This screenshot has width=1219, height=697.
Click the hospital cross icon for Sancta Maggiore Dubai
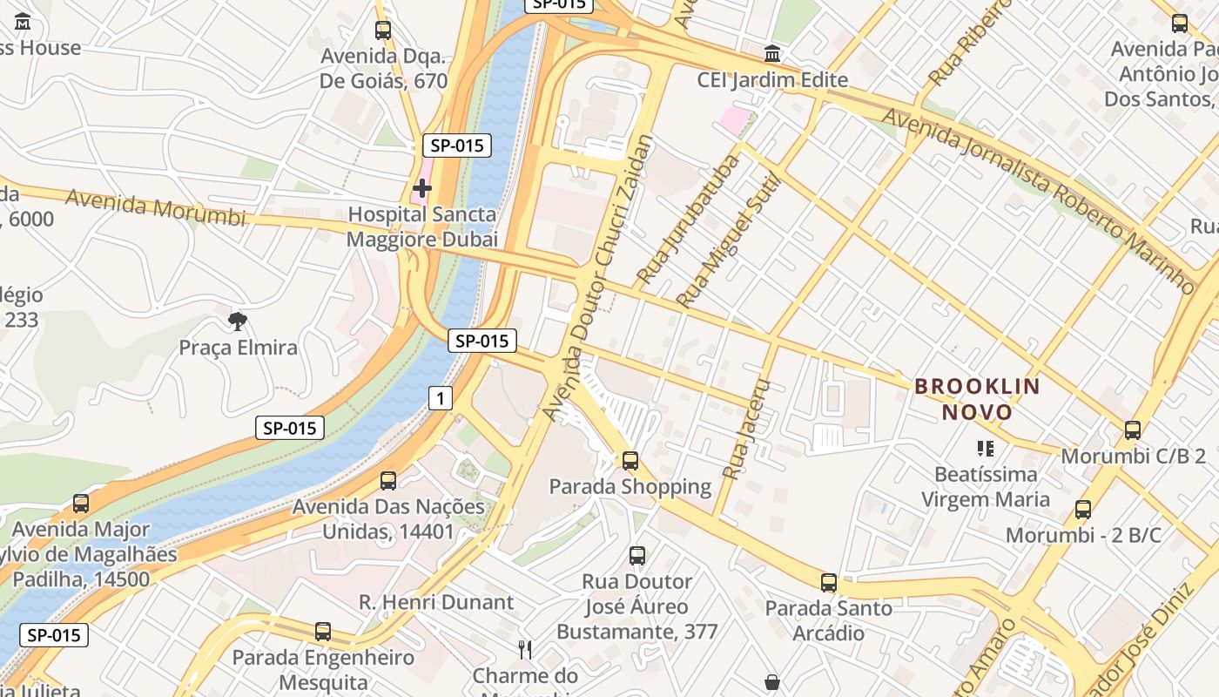point(422,187)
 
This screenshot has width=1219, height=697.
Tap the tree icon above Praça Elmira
point(237,321)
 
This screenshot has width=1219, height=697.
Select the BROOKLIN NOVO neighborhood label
point(977,399)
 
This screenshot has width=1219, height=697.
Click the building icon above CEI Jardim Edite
point(771,54)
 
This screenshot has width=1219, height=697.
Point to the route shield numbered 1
point(441,399)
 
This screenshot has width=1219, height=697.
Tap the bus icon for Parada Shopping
point(630,461)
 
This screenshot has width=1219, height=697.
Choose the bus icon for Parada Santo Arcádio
point(828,583)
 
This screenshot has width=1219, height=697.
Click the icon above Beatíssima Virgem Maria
point(985,449)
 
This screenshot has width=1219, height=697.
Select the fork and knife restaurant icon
point(525,649)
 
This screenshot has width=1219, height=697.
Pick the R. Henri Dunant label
point(436,602)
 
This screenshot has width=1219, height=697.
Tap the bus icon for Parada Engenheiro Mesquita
point(323,632)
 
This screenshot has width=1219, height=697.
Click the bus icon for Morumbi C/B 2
point(1132,430)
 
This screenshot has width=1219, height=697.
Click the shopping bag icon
point(771,681)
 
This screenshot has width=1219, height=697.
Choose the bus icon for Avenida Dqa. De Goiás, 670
point(383,30)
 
